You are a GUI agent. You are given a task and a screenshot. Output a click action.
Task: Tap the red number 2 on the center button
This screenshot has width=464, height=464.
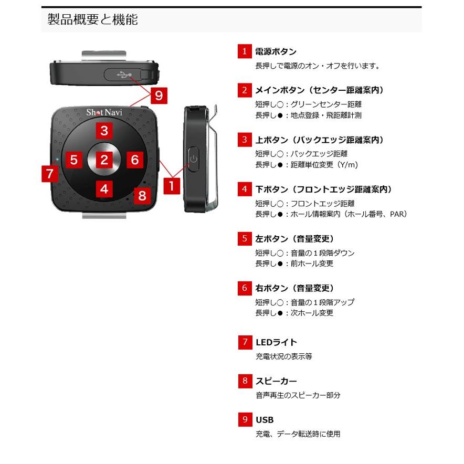pyautogui.click(x=104, y=160)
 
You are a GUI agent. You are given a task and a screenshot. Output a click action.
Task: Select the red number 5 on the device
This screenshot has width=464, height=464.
pyautogui.click(x=74, y=160)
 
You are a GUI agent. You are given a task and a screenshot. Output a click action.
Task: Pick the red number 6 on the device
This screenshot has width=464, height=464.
pyautogui.click(x=134, y=160)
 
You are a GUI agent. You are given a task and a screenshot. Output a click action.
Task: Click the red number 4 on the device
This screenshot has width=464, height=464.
pyautogui.click(x=104, y=189)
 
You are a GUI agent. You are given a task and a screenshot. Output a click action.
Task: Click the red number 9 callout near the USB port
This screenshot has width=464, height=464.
pyautogui.click(x=159, y=96)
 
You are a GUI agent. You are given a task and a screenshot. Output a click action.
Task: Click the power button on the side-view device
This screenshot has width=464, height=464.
pyautogui.click(x=193, y=158)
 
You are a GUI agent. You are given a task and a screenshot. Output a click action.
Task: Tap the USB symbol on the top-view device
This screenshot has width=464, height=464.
pyautogui.click(x=125, y=74)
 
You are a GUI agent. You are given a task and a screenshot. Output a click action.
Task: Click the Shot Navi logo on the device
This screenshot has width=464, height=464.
pyautogui.click(x=104, y=112)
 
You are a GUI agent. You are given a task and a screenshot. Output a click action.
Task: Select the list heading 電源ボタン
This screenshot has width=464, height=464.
pyautogui.click(x=276, y=51)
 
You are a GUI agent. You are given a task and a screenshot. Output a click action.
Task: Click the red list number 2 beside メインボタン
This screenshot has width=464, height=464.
pyautogui.click(x=244, y=90)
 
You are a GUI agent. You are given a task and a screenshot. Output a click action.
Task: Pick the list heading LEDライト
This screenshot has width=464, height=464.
pyautogui.click(x=276, y=343)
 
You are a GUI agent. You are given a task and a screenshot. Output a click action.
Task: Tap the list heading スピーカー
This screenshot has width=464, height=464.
pyautogui.click(x=276, y=381)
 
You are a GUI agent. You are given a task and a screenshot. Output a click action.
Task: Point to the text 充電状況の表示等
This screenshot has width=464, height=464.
pyautogui.click(x=284, y=356)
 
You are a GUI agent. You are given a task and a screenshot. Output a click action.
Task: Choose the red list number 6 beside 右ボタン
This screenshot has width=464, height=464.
pyautogui.click(x=244, y=288)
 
